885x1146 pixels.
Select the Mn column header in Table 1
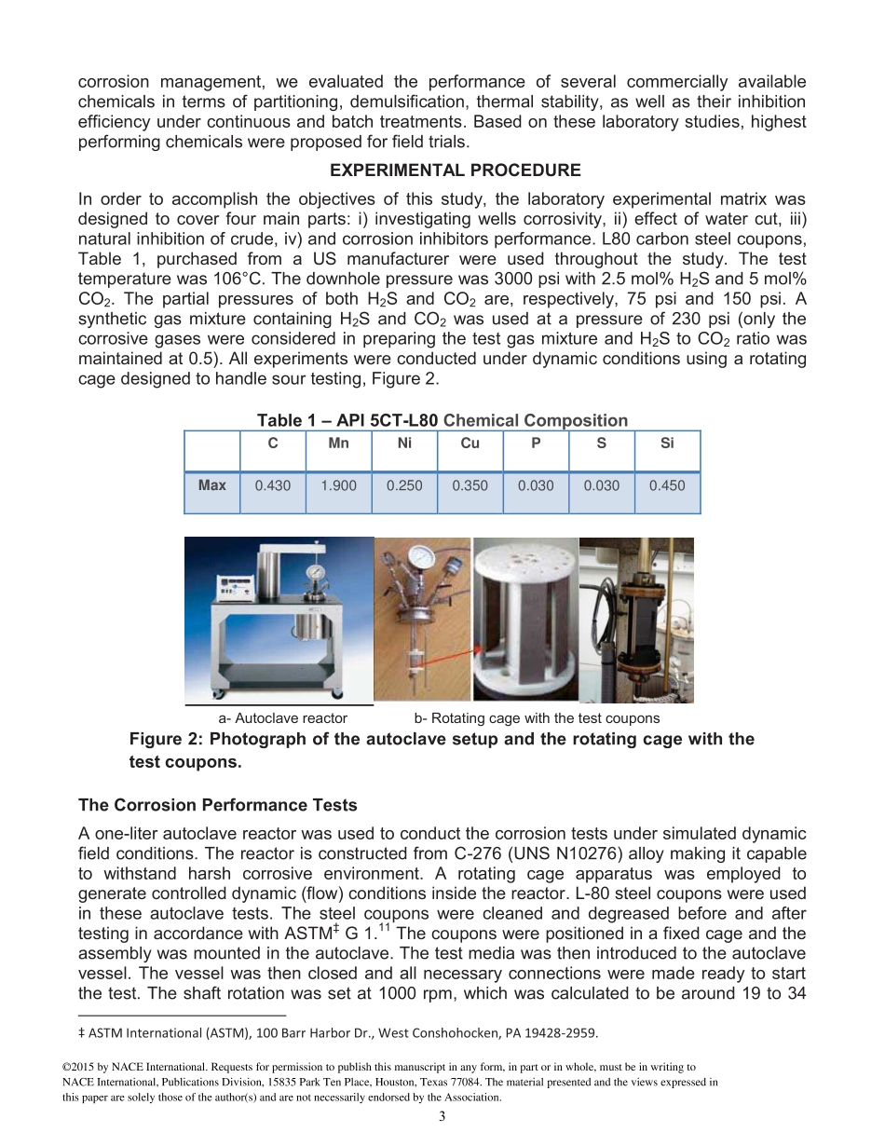point(338,443)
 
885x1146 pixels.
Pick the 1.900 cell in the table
point(338,485)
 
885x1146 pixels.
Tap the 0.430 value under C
point(272,485)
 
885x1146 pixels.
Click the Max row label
point(211,485)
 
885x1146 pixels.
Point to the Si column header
point(667,443)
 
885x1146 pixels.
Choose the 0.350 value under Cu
point(470,485)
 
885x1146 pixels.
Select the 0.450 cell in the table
point(667,485)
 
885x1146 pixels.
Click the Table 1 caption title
point(442,421)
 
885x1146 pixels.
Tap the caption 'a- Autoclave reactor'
point(282,718)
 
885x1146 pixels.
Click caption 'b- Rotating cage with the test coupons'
point(537,718)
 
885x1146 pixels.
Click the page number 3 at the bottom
point(442,1117)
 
